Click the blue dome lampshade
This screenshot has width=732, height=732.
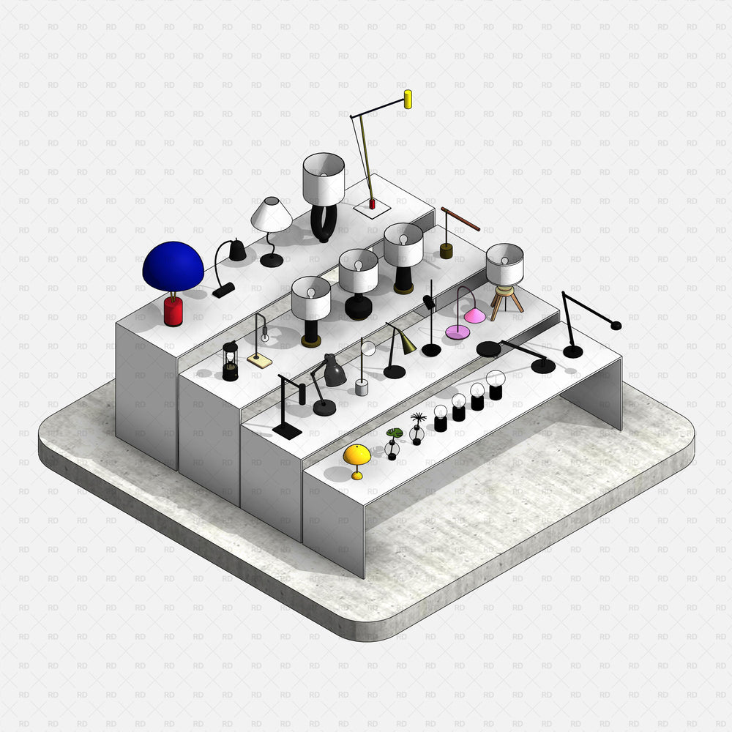pyautogui.click(x=173, y=267)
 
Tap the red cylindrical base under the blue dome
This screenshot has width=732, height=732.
pyautogui.click(x=173, y=311)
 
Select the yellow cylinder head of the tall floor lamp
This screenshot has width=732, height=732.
pyautogui.click(x=408, y=99)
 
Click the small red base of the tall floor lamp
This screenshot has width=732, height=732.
pyautogui.click(x=372, y=204)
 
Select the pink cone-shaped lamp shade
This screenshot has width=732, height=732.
pyautogui.click(x=475, y=315)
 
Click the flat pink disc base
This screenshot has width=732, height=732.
pyautogui.click(x=457, y=332)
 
